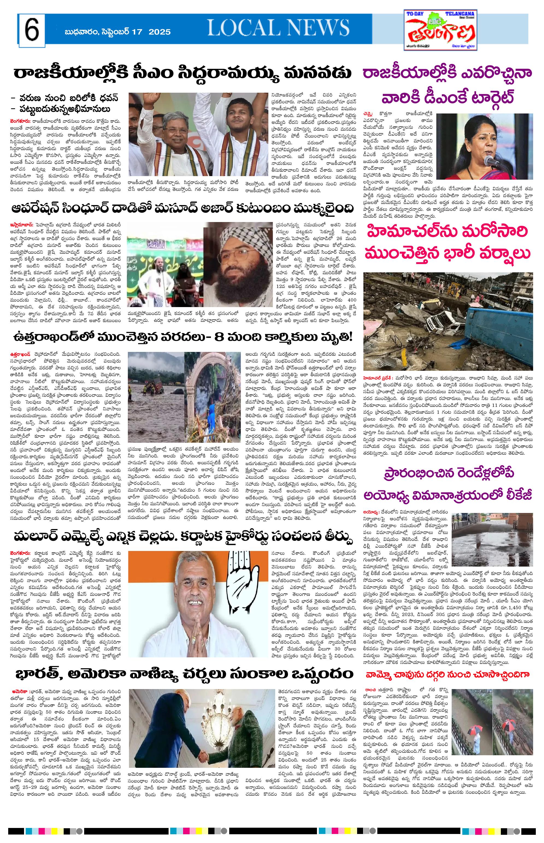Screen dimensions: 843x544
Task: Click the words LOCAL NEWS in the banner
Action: click(x=278, y=28)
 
